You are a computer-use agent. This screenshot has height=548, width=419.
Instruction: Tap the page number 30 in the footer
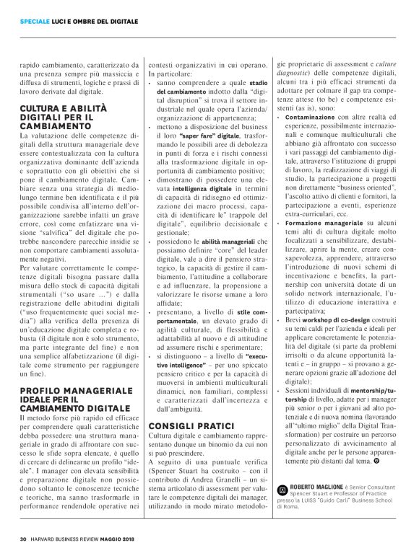coord(24,536)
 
